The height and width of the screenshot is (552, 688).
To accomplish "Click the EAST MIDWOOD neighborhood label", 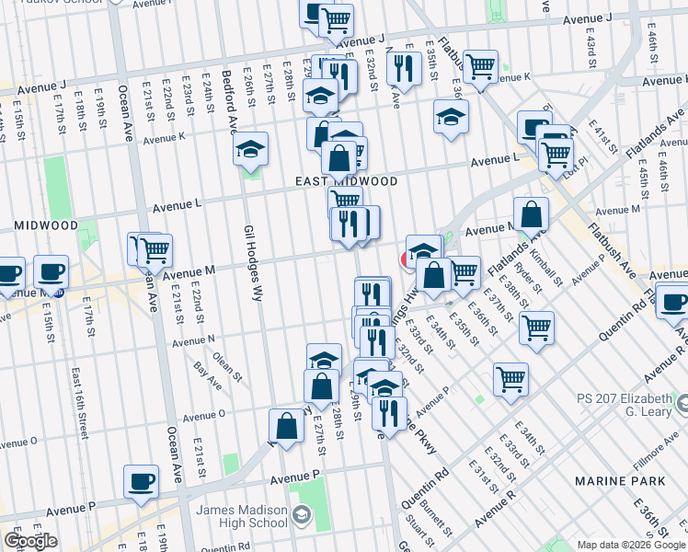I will tap(347, 182).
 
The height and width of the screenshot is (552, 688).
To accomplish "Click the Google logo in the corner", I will tap(30, 541).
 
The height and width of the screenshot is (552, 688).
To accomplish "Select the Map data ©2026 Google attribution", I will tap(630, 545).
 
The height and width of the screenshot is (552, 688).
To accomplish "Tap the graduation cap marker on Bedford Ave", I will tap(250, 150).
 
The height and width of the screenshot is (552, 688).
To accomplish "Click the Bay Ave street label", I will tap(209, 372).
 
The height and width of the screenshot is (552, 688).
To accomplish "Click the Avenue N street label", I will tap(192, 340).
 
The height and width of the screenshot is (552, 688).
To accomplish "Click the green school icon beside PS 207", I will tap(682, 402).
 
